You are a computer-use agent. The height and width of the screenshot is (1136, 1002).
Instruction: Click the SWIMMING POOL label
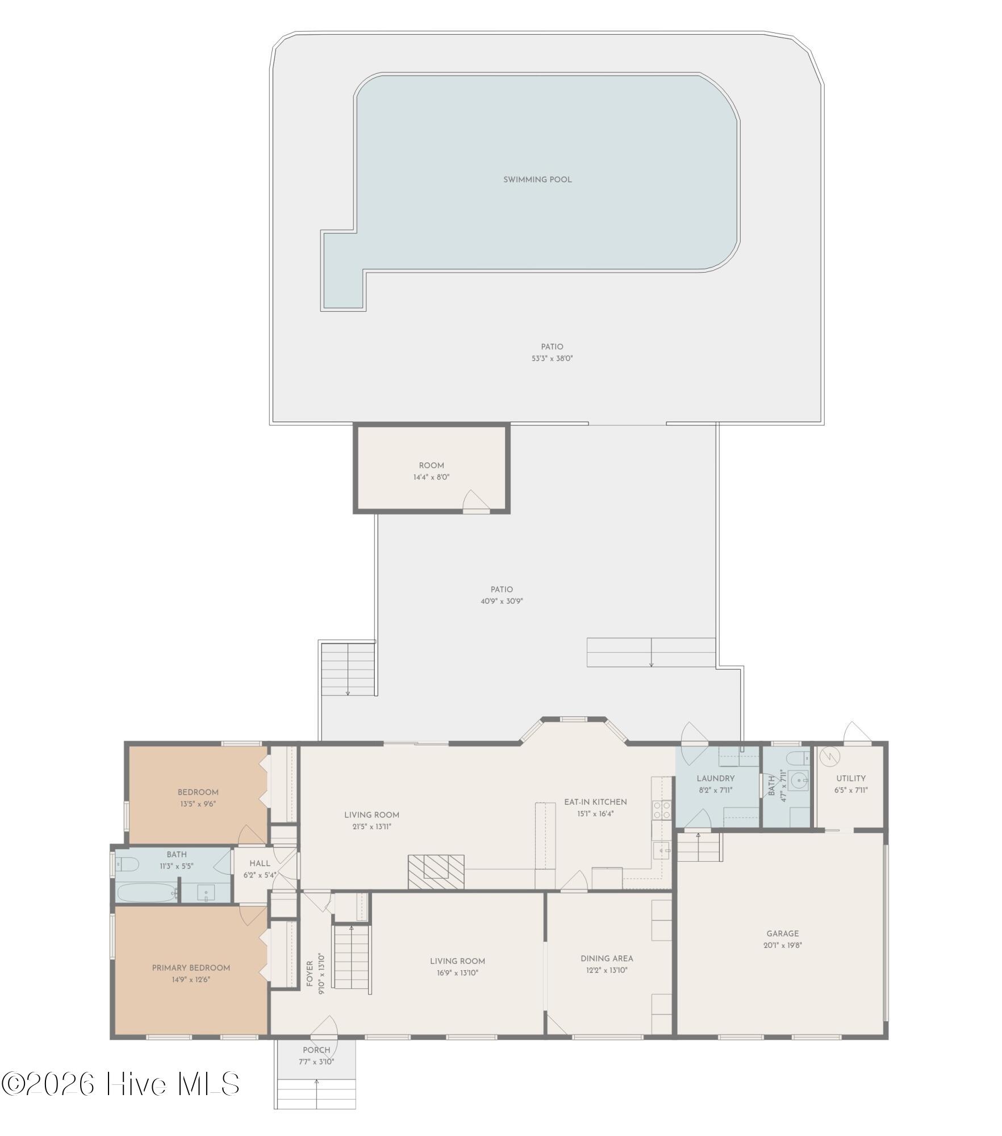[x=537, y=180]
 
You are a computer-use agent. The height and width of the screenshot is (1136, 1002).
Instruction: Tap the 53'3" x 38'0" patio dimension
[x=552, y=358]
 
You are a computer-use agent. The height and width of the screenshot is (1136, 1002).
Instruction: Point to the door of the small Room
[x=476, y=502]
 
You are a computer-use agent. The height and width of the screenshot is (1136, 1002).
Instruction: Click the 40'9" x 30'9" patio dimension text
[x=502, y=602]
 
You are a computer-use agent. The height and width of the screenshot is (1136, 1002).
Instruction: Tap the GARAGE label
[x=782, y=934]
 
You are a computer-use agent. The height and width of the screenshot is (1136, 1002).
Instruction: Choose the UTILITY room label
[x=850, y=779]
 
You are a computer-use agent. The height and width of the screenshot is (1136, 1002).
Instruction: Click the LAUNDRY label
[x=716, y=779]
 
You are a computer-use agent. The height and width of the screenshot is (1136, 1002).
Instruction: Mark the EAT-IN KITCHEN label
[x=595, y=802]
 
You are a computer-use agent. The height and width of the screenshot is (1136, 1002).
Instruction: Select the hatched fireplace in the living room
[x=436, y=871]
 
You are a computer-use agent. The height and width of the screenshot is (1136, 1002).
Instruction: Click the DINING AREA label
[x=607, y=959]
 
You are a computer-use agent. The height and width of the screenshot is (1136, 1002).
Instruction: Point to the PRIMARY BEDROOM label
[x=191, y=968]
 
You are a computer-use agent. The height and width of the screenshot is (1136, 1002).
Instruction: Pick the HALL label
[x=260, y=863]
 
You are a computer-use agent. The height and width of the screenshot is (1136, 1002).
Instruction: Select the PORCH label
[x=316, y=1050]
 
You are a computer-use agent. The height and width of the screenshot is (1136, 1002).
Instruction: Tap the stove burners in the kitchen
[x=662, y=810]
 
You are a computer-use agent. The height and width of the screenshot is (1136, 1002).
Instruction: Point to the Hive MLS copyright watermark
[x=120, y=1084]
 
